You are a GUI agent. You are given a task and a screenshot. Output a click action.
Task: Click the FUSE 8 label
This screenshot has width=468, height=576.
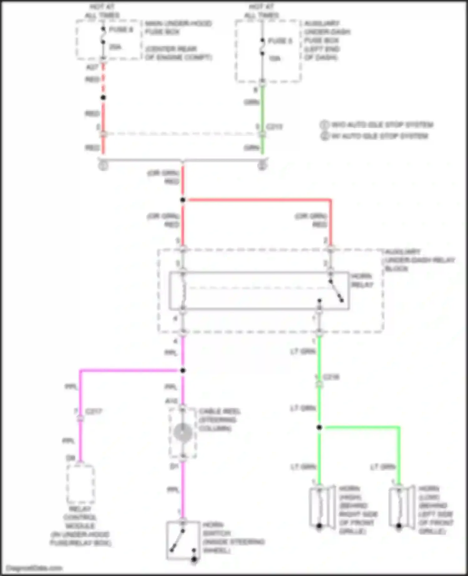[121, 30]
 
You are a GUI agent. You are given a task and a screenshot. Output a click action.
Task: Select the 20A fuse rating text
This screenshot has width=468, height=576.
[115, 47]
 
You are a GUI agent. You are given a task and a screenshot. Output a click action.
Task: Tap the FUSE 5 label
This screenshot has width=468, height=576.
[280, 41]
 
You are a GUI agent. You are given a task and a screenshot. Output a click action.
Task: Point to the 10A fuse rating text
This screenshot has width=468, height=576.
[274, 58]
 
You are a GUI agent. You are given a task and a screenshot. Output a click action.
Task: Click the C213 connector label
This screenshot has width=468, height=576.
[274, 127]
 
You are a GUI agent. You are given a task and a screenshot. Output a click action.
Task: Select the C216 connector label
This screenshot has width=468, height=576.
[331, 377]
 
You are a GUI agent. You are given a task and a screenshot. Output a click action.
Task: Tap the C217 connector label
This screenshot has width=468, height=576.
[94, 411]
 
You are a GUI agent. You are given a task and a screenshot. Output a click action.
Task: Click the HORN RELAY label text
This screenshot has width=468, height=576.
[362, 281]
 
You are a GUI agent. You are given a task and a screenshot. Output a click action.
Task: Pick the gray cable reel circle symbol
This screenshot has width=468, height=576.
[183, 433]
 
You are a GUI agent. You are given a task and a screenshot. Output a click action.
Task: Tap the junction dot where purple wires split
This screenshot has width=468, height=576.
[183, 370]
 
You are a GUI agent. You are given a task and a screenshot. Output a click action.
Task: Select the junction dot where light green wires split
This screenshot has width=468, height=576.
[319, 427]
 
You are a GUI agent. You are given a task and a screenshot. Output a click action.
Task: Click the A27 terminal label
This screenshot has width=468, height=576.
[92, 67]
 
